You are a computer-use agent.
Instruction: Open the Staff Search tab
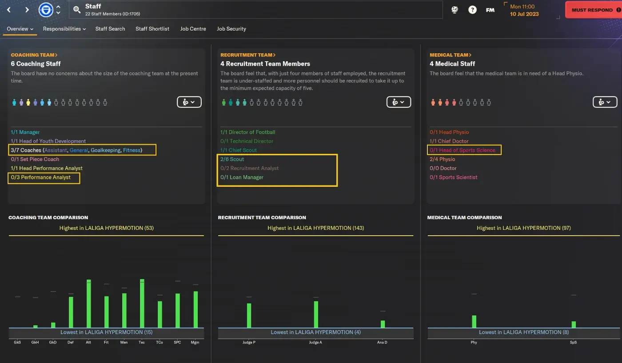click(110, 29)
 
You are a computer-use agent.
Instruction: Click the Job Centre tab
click(193, 29)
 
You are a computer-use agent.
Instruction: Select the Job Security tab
click(231, 29)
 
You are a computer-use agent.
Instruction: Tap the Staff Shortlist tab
click(152, 29)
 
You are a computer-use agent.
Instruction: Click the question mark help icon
click(472, 10)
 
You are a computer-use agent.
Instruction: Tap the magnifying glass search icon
click(76, 10)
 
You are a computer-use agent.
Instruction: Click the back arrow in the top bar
click(9, 10)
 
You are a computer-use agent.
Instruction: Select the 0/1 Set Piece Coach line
click(35, 159)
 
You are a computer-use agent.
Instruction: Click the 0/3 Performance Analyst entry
click(40, 177)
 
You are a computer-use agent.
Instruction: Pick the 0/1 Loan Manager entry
click(242, 177)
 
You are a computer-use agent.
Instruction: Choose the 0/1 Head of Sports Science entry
click(463, 150)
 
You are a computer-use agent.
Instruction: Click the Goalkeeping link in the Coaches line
click(106, 150)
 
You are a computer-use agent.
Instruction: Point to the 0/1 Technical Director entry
click(247, 141)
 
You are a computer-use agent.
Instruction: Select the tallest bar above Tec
click(142, 304)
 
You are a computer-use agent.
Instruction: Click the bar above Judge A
click(316, 315)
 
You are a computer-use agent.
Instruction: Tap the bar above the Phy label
click(474, 322)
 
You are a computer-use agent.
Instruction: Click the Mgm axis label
click(195, 343)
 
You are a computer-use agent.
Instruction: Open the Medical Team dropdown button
click(605, 102)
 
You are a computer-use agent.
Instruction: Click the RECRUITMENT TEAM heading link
click(248, 55)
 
